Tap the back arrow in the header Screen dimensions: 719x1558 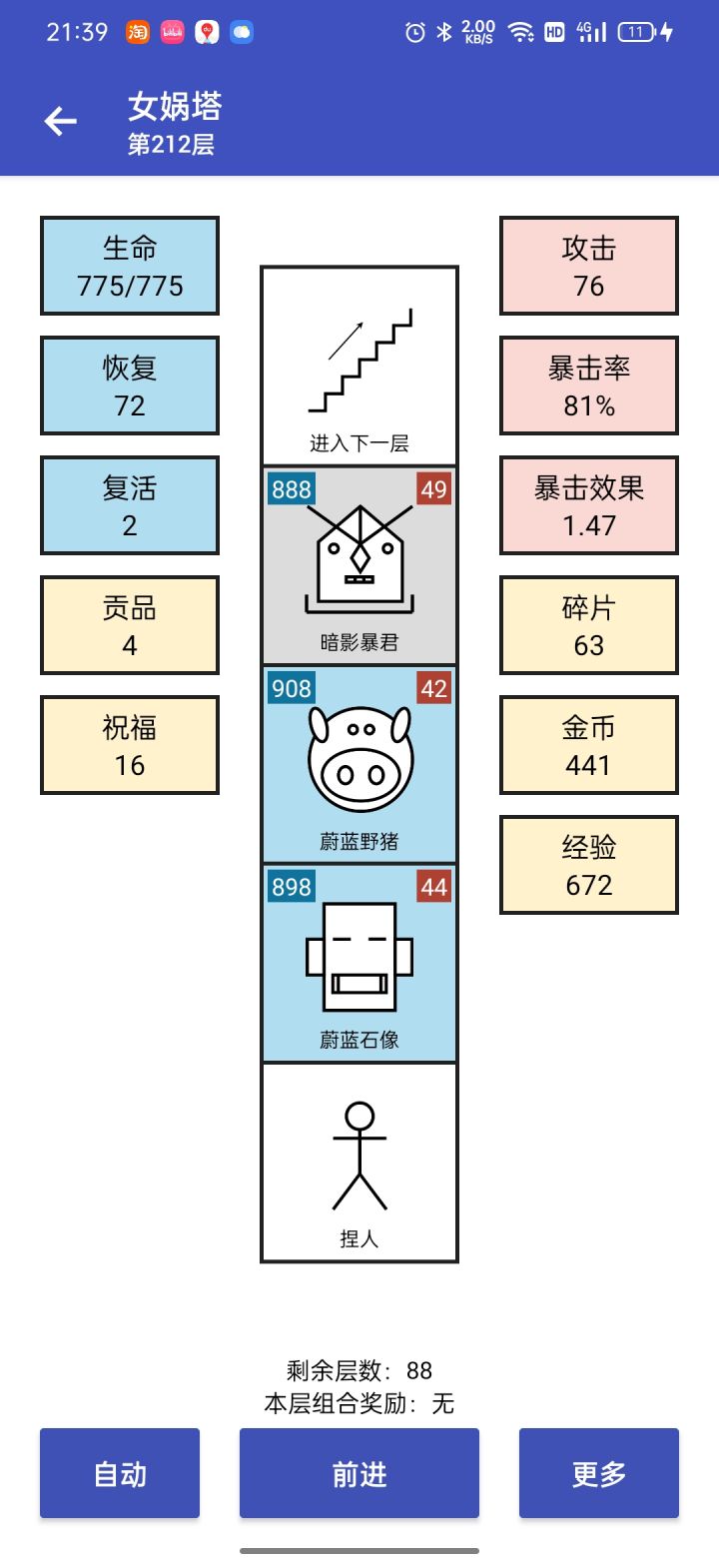[61, 121]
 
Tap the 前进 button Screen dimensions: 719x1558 [359, 1472]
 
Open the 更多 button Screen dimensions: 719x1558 [599, 1472]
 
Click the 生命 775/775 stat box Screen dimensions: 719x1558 [130, 266]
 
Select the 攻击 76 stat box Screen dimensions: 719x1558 [589, 266]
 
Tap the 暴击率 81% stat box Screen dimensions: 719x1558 [589, 386]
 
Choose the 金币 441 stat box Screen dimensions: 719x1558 [589, 745]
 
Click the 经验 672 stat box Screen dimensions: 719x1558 [589, 865]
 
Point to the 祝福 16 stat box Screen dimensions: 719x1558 [130, 745]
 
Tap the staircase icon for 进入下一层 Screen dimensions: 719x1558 [360, 361]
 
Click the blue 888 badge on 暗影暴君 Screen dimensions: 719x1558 [292, 489]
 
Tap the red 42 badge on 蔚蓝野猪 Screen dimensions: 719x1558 [434, 688]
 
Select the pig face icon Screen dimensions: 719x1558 [360, 758]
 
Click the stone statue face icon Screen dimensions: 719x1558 [359, 957]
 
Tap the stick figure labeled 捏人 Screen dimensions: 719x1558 [359, 1156]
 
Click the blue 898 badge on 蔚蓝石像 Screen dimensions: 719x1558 [292, 887]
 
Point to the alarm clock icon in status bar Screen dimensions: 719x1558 [415, 32]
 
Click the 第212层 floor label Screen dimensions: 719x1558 [171, 144]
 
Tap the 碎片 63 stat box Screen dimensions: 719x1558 [589, 625]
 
